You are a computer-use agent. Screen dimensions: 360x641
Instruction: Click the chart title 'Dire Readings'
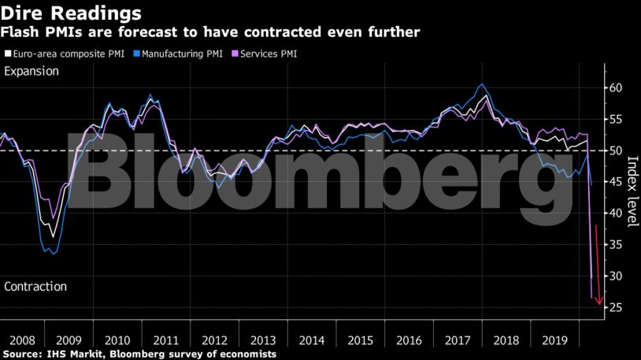pyautogui.click(x=72, y=13)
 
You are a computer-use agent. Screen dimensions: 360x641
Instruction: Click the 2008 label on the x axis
pyautogui.click(x=22, y=340)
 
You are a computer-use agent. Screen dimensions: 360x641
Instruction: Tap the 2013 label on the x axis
pyautogui.click(x=262, y=340)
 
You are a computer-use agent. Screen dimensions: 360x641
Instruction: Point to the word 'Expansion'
pyautogui.click(x=31, y=72)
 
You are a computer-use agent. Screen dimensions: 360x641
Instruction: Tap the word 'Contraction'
pyautogui.click(x=35, y=287)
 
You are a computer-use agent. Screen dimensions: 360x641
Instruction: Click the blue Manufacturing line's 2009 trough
pyautogui.click(x=53, y=254)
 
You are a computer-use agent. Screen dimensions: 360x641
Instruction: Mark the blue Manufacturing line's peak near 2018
pyautogui.click(x=482, y=84)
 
